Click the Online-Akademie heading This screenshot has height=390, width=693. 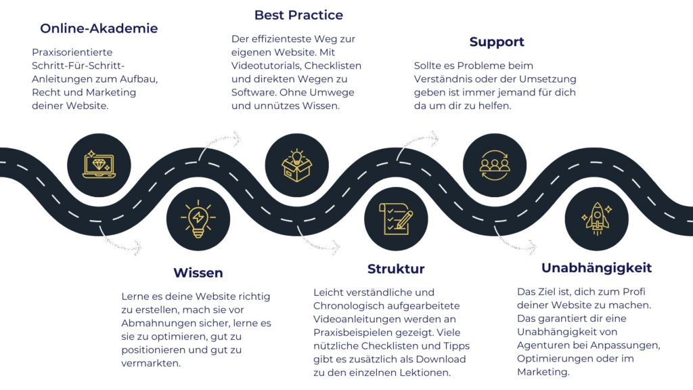coord(99,28)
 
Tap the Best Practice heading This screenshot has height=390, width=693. coord(298,14)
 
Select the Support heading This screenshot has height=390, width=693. coord(497,42)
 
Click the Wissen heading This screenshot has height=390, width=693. coord(198,273)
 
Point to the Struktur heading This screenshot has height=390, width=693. coord(396,269)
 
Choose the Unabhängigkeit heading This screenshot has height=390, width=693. coord(596,268)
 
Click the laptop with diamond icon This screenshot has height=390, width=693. coord(99,163)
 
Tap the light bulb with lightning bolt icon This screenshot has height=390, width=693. coord(198,219)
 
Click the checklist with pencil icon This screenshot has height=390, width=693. coord(396,219)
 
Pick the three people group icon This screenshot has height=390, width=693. coord(495,163)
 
